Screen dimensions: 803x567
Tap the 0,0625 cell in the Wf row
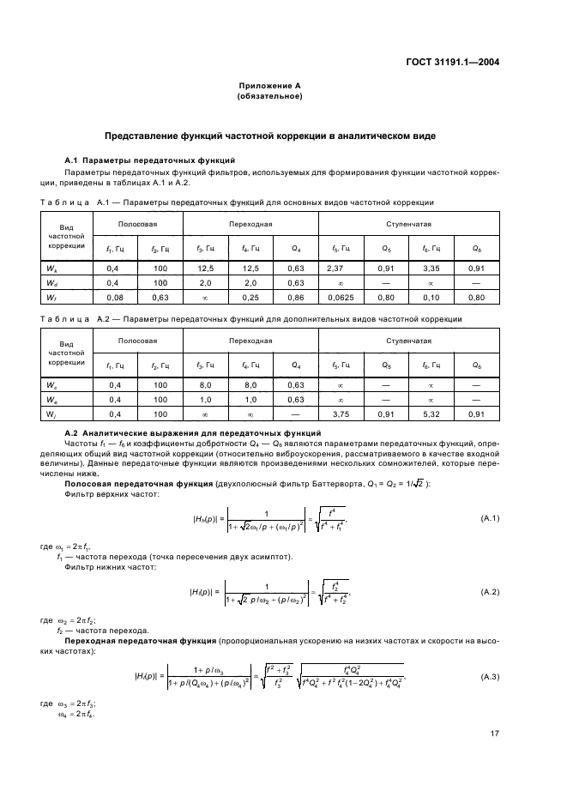coord(335,296)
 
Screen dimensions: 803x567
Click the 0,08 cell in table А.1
coord(112,296)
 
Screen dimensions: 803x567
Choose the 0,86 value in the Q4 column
coord(296,296)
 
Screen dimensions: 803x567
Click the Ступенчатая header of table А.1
coord(407,225)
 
